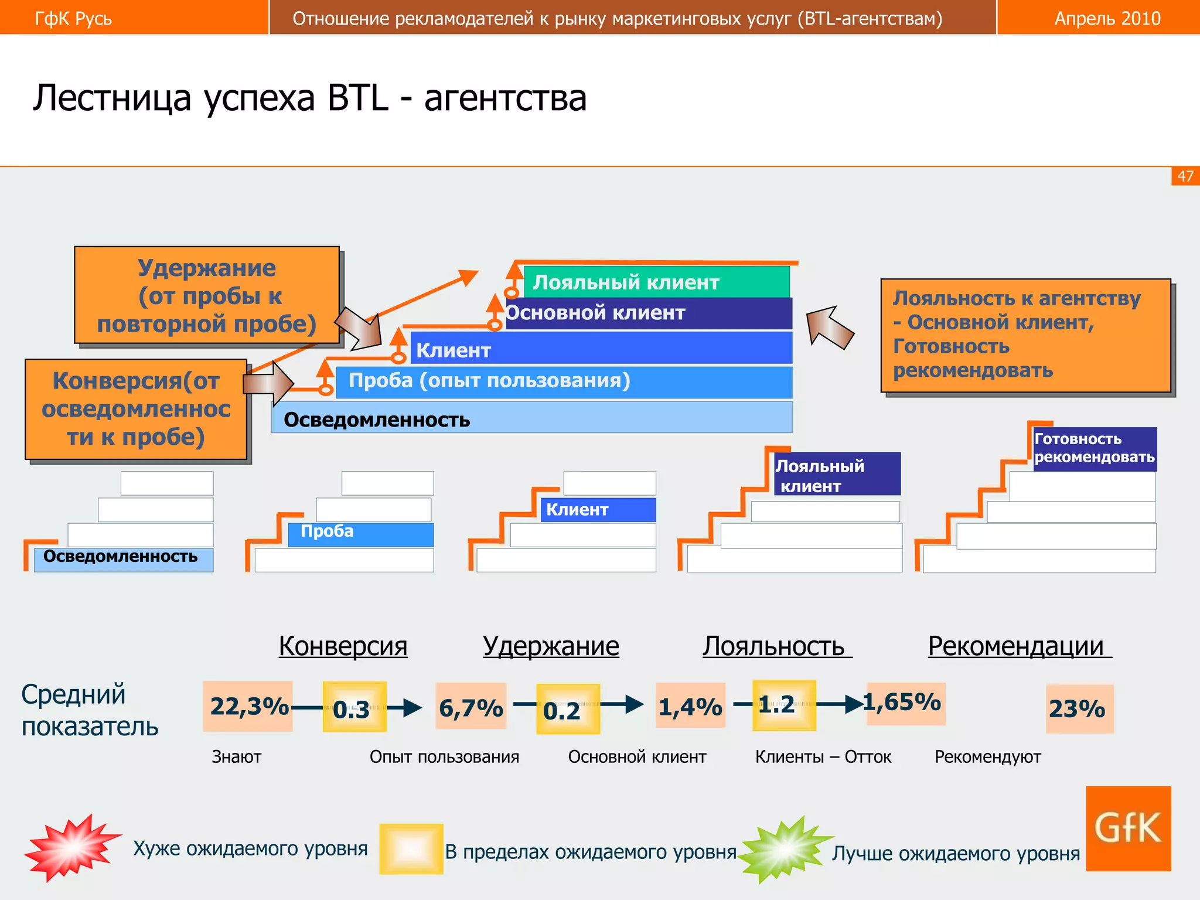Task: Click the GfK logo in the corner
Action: tap(1128, 828)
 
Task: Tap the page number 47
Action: tap(1185, 176)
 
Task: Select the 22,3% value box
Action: tap(248, 706)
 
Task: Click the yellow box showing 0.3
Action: tap(354, 707)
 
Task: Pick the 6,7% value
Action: tap(471, 707)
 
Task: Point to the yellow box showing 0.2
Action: tap(568, 709)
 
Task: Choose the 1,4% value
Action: tap(690, 705)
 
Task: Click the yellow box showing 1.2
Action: tap(784, 705)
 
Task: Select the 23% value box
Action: tap(1079, 708)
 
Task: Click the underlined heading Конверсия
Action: tap(343, 646)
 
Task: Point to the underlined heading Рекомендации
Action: tap(1019, 646)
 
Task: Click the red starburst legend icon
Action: tap(71, 847)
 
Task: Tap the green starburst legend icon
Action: tap(784, 849)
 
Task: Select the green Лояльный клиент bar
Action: tap(656, 282)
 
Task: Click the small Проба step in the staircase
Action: tap(360, 534)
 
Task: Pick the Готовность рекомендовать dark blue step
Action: tap(1095, 448)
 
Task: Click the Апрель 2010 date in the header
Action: tap(1107, 18)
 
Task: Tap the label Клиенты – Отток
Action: tap(823, 756)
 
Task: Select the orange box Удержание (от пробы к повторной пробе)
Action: tap(207, 295)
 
